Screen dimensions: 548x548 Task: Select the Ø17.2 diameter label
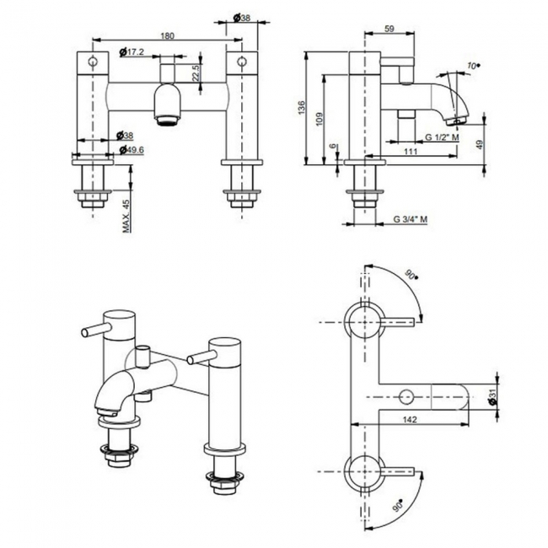click(x=133, y=52)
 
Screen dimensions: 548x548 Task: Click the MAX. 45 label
click(x=126, y=215)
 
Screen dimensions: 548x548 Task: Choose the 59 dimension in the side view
click(x=390, y=30)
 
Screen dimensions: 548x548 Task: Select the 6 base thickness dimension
click(x=335, y=146)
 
